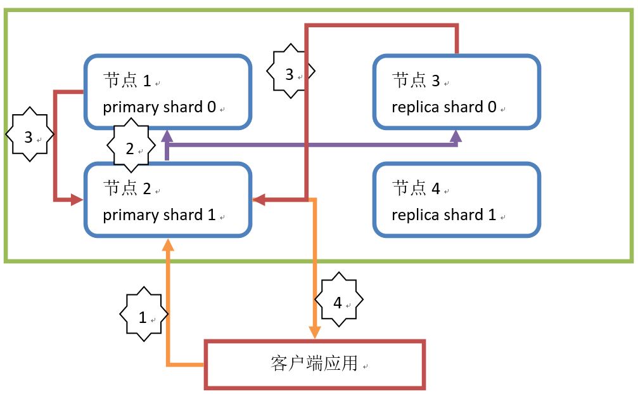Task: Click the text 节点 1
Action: click(x=127, y=81)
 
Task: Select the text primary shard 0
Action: click(x=160, y=107)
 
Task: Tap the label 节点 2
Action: click(x=127, y=188)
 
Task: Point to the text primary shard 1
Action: click(x=159, y=214)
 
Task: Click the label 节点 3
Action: click(x=416, y=81)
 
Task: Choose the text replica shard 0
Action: click(x=444, y=107)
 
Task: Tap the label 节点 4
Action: click(x=416, y=188)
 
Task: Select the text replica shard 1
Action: click(x=443, y=214)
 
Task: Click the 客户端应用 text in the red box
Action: click(x=314, y=364)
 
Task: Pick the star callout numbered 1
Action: click(x=144, y=317)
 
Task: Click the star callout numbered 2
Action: click(x=131, y=148)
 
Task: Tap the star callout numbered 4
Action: click(x=338, y=303)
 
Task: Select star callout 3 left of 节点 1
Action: click(x=29, y=137)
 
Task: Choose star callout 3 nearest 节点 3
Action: click(x=290, y=74)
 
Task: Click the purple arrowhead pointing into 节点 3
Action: click(x=456, y=136)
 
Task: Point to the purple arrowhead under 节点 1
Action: click(x=167, y=136)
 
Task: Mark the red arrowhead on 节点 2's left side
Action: click(x=77, y=200)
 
